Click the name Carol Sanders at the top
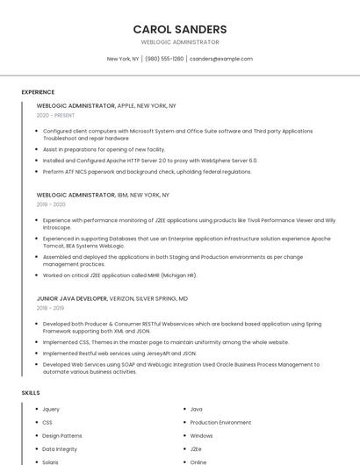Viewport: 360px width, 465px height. [x=180, y=29]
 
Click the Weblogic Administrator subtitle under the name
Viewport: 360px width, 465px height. [x=180, y=42]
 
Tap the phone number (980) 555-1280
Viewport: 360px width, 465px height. [x=164, y=59]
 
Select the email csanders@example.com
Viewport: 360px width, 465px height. [x=220, y=59]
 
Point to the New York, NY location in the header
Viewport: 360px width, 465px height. [x=123, y=59]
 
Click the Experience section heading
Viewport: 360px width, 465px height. [x=38, y=92]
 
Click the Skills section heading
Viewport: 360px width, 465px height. [x=31, y=392]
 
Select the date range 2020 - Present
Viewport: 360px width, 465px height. [x=55, y=115]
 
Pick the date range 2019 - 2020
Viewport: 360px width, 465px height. [x=51, y=204]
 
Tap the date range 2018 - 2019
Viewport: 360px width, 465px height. [x=51, y=308]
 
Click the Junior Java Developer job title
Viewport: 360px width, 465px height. [x=72, y=298]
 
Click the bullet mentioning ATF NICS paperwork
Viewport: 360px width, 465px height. [x=147, y=172]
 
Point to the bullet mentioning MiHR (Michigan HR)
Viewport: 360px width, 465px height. [x=119, y=275]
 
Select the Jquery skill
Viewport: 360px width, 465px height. [x=51, y=409]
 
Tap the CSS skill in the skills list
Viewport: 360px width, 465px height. [x=47, y=422]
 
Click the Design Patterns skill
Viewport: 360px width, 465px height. [x=62, y=435]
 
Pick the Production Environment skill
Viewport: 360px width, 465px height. [x=220, y=422]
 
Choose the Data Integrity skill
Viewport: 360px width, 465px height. [x=60, y=448]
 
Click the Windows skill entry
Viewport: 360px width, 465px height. [x=201, y=435]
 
